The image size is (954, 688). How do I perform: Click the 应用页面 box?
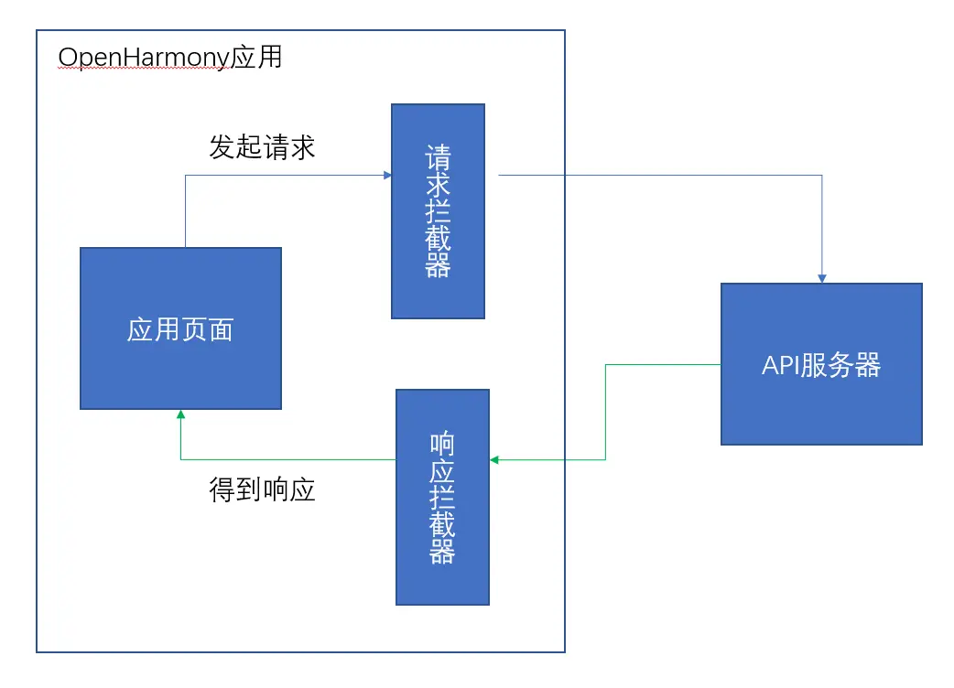tap(180, 328)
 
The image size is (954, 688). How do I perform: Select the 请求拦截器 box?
tap(438, 211)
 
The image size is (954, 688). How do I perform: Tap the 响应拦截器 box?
tap(442, 497)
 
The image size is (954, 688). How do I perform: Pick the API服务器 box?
tap(821, 364)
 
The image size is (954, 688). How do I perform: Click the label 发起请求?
tap(262, 147)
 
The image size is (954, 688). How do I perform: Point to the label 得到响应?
tap(262, 489)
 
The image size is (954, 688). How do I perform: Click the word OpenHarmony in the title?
tap(142, 58)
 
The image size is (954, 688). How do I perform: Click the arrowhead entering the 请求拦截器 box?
tap(386, 174)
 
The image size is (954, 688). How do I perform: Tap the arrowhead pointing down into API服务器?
tap(822, 277)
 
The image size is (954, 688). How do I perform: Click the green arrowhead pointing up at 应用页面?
tap(180, 415)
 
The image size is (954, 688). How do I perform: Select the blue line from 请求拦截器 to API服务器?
tap(659, 175)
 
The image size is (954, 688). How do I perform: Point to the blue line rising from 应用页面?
tap(186, 210)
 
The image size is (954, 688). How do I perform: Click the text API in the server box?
tap(780, 365)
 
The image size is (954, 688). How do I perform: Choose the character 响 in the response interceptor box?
tap(442, 446)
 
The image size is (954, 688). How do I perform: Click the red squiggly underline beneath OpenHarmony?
tap(142, 70)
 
